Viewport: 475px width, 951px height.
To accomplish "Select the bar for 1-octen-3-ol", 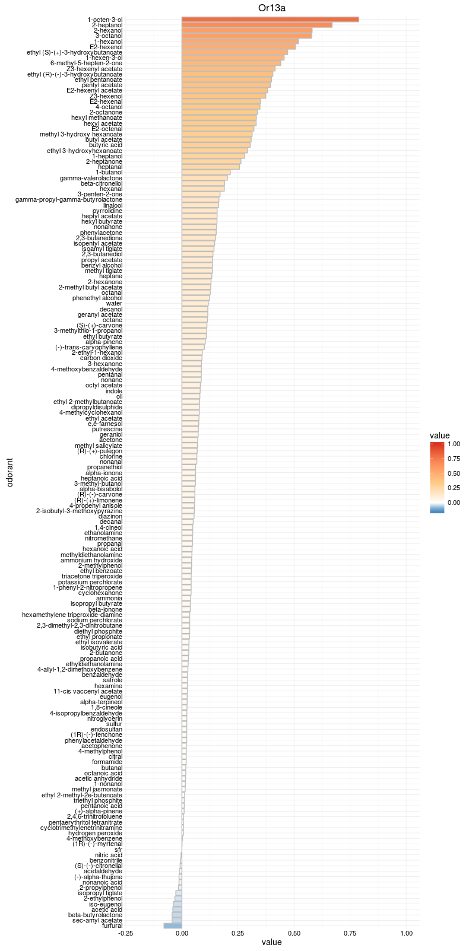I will [270, 20].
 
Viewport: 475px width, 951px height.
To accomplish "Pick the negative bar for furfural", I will [173, 925].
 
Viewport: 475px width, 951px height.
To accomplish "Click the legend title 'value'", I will [440, 436].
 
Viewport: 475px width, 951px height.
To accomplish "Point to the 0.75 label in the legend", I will [454, 459].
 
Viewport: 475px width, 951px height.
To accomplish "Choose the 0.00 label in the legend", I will [454, 502].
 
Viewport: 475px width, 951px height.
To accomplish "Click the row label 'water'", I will [114, 303].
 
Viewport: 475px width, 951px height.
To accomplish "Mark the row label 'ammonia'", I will [109, 598].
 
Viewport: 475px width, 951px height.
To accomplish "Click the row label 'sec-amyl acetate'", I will [97, 920].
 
